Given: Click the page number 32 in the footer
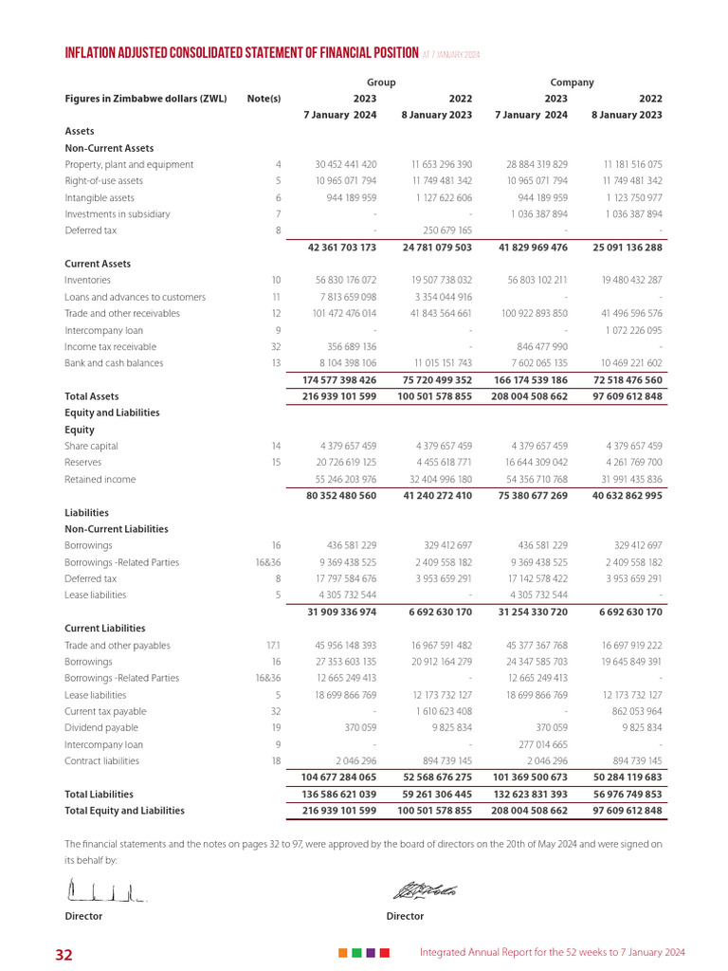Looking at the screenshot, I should click(64, 954).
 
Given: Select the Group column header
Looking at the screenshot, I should click(381, 82).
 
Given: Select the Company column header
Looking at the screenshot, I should click(572, 82).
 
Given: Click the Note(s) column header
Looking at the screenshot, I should click(264, 99).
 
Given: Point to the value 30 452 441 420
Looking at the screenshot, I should click(345, 165).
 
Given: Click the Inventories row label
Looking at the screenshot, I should click(87, 281).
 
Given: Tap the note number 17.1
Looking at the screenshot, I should click(273, 646).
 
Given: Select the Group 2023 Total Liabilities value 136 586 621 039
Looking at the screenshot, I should click(338, 795).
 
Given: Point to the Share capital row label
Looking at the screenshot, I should click(91, 447).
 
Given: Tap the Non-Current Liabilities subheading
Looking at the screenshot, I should click(116, 529).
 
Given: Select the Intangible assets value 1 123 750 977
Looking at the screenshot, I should click(626, 198).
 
